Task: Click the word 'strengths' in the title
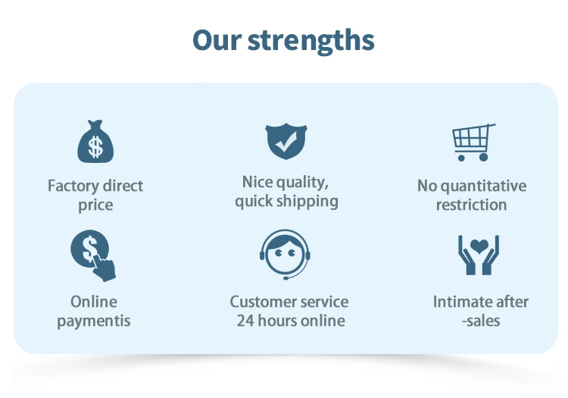point(311,42)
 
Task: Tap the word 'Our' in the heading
point(217,39)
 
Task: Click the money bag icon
point(95,141)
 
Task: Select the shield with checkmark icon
point(286,141)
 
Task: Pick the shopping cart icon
point(473,142)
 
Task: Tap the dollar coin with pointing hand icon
point(93,255)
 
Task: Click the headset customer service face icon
point(285,255)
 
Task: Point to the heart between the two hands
point(479,246)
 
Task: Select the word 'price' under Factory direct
point(95,205)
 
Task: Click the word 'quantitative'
point(484,186)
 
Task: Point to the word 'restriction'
point(471,205)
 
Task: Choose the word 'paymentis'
point(94,321)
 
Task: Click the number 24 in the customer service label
point(245,321)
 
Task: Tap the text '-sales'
point(481,321)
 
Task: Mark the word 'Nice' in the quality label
point(256,182)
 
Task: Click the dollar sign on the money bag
point(95,147)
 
